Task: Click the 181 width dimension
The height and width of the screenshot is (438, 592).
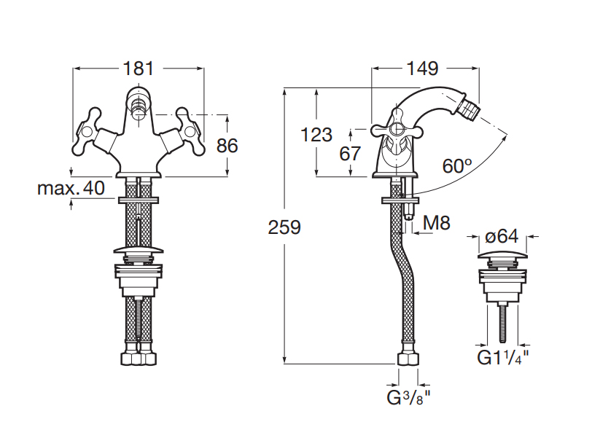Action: click(x=139, y=69)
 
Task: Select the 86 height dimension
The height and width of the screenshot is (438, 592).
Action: click(x=227, y=145)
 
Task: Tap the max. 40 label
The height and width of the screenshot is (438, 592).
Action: click(x=71, y=189)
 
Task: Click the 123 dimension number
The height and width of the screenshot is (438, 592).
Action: click(x=316, y=135)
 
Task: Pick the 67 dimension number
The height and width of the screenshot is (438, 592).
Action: click(x=351, y=154)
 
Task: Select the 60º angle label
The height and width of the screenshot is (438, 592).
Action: click(x=457, y=165)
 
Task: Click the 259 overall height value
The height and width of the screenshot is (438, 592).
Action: click(x=284, y=227)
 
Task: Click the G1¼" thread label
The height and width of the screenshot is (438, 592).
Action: click(x=503, y=358)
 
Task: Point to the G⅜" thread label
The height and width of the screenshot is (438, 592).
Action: click(x=408, y=398)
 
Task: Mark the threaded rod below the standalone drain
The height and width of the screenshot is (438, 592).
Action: click(x=502, y=321)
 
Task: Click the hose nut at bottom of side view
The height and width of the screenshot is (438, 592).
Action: click(x=408, y=361)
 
